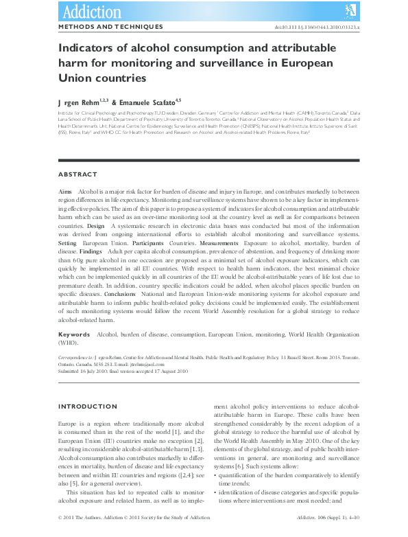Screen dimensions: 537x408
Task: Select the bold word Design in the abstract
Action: coord(96,225)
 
